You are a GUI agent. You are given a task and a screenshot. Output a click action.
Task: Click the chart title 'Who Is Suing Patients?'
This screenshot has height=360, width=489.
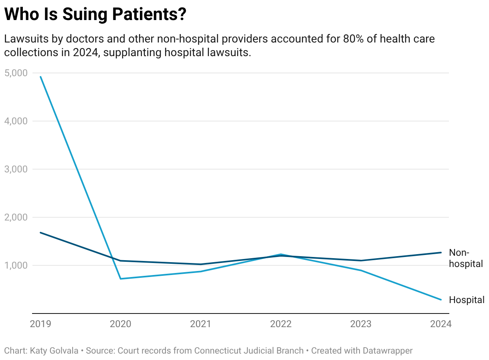(x=95, y=14)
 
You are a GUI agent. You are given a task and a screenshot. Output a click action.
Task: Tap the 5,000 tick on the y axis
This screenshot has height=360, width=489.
(x=16, y=73)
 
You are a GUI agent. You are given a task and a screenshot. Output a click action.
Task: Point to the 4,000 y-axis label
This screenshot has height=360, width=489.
(x=16, y=121)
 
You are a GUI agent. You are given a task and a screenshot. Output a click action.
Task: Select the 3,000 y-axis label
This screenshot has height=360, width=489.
(x=16, y=169)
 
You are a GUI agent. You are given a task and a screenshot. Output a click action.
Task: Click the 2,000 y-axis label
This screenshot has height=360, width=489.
(x=16, y=217)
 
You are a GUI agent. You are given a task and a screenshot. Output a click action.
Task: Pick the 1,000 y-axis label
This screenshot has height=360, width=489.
(x=16, y=265)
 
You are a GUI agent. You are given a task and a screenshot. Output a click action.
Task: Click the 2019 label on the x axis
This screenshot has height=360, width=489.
(x=40, y=324)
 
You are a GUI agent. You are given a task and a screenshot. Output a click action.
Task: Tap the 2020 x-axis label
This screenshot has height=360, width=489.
(x=121, y=324)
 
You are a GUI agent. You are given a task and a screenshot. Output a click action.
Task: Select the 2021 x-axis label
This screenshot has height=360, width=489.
(x=200, y=324)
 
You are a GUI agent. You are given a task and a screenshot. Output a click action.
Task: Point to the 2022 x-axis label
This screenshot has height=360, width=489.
(x=281, y=324)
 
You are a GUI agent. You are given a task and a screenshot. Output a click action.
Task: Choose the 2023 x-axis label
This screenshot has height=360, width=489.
(x=361, y=324)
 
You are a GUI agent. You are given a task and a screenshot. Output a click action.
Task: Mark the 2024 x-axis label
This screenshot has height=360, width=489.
(x=441, y=324)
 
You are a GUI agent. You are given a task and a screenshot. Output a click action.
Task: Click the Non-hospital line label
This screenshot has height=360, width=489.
(x=465, y=258)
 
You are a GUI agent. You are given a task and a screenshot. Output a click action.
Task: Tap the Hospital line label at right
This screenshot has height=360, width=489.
(x=467, y=300)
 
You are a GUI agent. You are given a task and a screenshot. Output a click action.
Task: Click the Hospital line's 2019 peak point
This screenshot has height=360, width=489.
(x=40, y=77)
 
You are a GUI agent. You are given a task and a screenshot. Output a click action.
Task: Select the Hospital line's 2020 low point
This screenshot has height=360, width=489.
(x=121, y=279)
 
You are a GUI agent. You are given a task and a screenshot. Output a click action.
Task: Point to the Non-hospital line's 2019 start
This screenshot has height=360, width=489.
(x=40, y=233)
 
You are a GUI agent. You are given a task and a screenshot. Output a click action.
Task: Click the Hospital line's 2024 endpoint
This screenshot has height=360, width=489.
(x=441, y=299)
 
